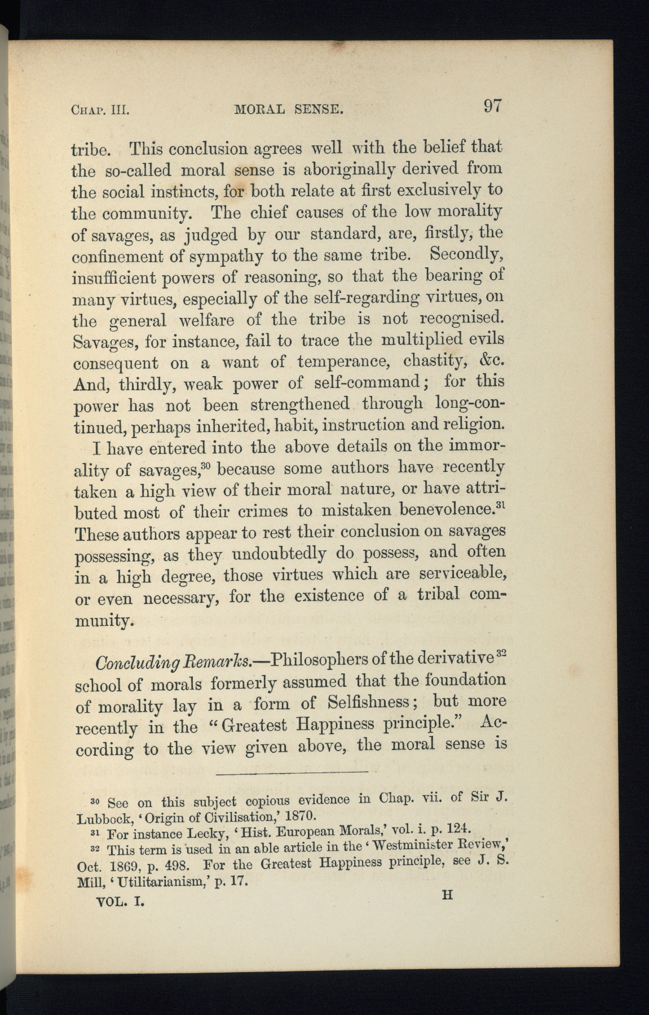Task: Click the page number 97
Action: click(491, 106)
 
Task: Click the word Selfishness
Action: click(374, 703)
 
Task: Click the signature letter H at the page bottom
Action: click(447, 895)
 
